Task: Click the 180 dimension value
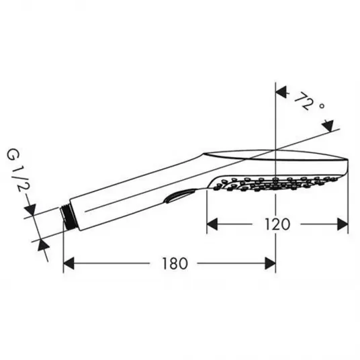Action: tap(175, 263)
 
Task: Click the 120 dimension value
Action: tap(277, 224)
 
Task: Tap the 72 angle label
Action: tap(304, 101)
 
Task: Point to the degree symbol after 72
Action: tap(322, 106)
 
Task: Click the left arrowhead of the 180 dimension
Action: tap(69, 263)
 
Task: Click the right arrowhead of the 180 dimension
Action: tap(270, 263)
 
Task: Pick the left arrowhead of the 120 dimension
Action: tap(212, 224)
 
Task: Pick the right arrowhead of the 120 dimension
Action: tap(343, 224)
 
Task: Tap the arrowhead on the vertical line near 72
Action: tap(281, 92)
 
